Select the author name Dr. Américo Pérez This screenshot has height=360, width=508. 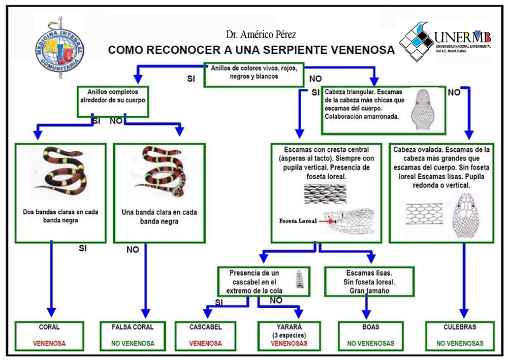(261, 35)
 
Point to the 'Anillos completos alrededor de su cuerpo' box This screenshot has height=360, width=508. (113, 96)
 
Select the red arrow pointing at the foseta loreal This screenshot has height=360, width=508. (327, 221)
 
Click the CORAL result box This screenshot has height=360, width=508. (49, 335)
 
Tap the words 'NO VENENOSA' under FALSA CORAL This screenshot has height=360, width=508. (133, 343)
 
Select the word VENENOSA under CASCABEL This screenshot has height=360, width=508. (206, 343)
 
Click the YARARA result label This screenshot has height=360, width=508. (289, 327)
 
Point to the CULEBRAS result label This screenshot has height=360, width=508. (460, 327)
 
